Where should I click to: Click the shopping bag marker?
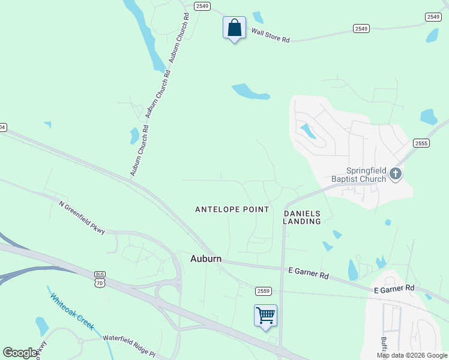(234, 28)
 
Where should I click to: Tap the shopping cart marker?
(265, 315)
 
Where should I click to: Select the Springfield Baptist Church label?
(360, 174)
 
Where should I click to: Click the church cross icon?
(395, 174)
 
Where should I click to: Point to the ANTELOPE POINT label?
(232, 209)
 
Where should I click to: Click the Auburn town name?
(206, 259)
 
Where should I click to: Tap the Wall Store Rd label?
(270, 35)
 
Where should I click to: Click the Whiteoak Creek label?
(72, 311)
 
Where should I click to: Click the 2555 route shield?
(421, 143)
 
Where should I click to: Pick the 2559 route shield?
(263, 291)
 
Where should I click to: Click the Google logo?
(20, 352)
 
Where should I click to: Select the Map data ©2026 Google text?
(411, 355)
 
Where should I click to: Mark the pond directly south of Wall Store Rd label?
(250, 92)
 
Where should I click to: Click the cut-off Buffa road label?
(384, 347)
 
